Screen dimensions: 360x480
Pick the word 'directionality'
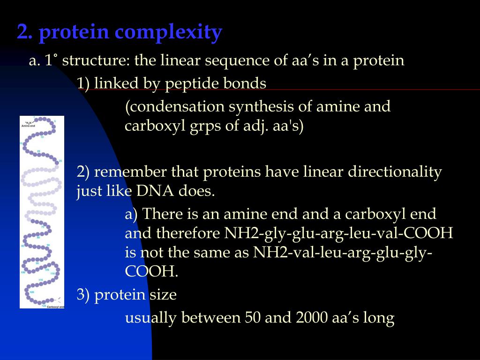394,172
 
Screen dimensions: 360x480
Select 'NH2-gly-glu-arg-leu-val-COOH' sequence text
338,233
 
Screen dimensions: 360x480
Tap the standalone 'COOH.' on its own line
151,271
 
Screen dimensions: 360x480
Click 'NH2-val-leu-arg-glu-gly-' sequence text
343,252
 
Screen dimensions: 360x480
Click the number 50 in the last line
253,318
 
